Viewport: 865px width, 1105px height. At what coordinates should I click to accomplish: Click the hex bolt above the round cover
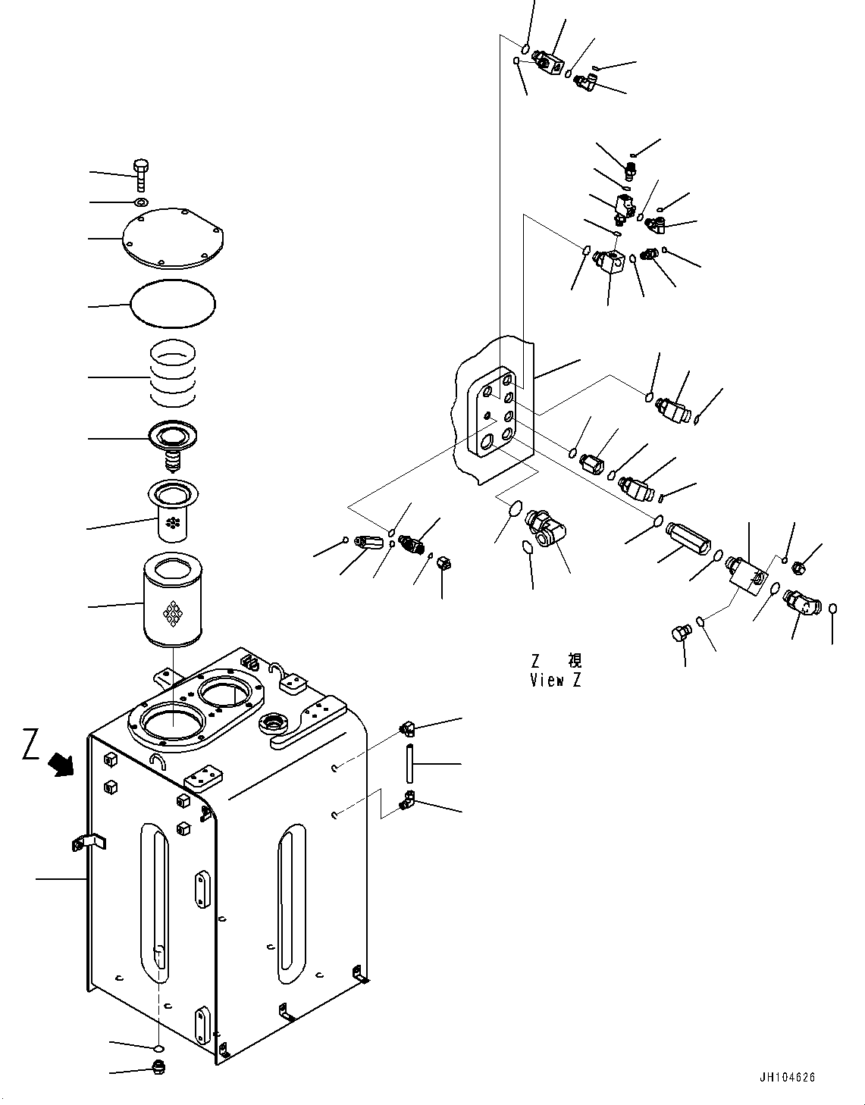click(x=141, y=174)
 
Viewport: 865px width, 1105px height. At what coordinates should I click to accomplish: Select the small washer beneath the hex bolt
click(x=141, y=202)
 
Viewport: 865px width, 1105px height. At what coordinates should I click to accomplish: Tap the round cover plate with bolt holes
click(x=174, y=239)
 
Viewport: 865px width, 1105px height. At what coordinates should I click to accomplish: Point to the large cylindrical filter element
click(x=174, y=602)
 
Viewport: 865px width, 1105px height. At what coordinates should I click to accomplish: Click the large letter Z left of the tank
click(x=31, y=744)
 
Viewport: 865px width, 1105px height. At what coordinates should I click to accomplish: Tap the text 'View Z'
click(x=556, y=680)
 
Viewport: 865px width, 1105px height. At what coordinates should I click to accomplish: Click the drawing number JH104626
click(x=786, y=1078)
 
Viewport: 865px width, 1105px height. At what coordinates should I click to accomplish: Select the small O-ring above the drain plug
click(x=158, y=1047)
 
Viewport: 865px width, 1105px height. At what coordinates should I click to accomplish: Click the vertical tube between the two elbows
click(x=409, y=763)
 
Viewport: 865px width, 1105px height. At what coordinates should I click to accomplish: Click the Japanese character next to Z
click(x=575, y=661)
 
